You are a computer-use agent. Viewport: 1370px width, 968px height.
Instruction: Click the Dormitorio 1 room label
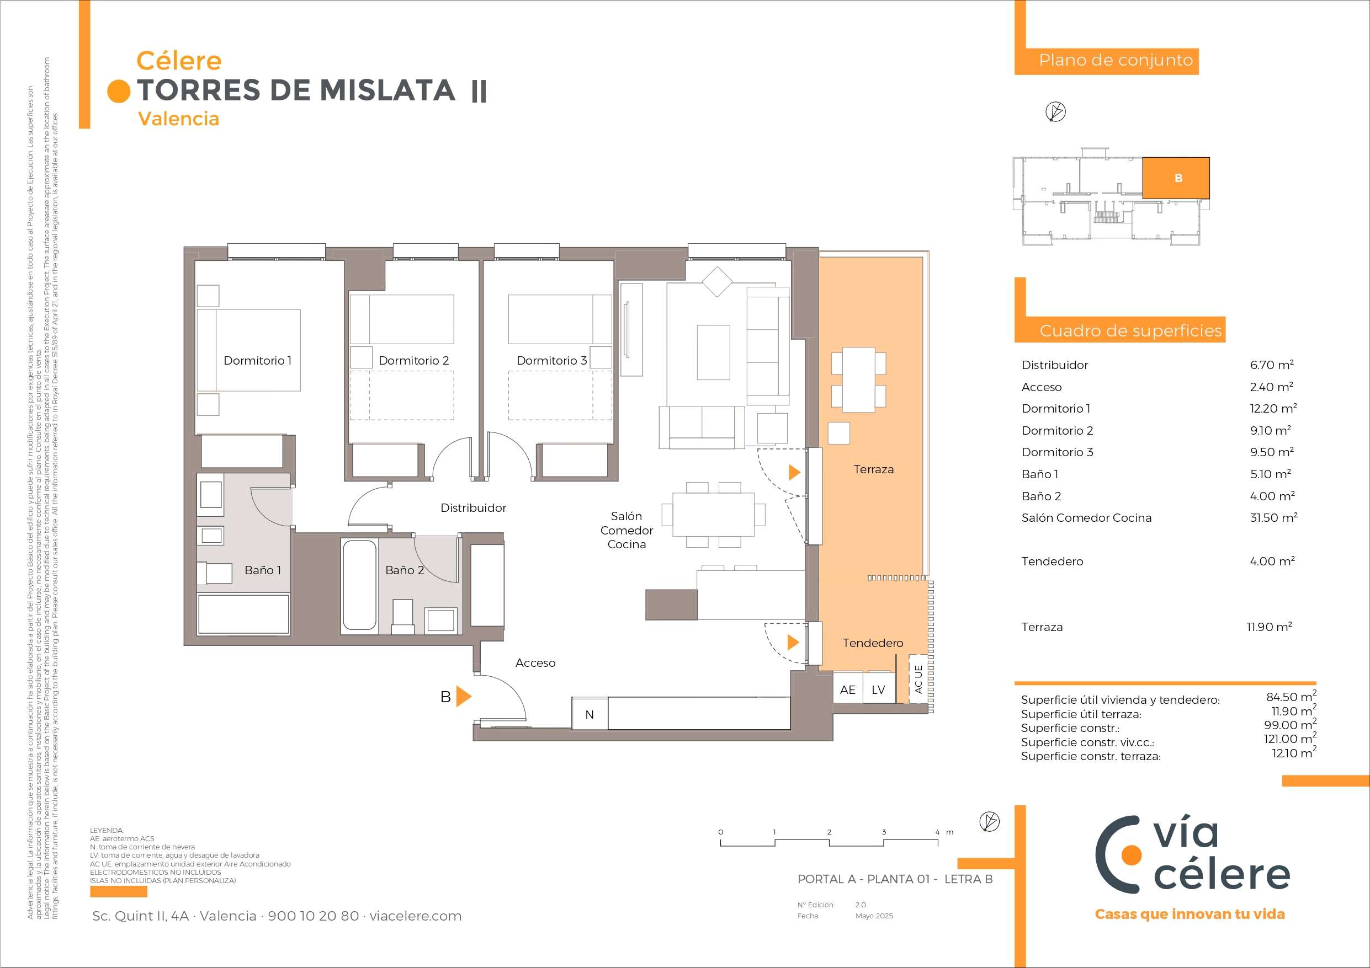(x=257, y=360)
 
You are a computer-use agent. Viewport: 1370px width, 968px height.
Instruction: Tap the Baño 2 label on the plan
(x=405, y=570)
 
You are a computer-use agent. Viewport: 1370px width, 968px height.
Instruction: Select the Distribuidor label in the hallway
(x=473, y=508)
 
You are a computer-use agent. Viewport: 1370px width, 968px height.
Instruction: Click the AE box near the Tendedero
(x=847, y=689)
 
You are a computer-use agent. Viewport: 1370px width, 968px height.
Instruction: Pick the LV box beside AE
(x=878, y=689)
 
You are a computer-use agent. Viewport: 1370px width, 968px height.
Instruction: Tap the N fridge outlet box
(x=590, y=714)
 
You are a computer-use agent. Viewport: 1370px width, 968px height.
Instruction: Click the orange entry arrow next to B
(x=464, y=696)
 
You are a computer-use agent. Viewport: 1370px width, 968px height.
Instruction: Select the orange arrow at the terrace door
(x=794, y=472)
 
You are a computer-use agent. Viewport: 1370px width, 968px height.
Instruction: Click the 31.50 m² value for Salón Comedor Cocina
(x=1273, y=518)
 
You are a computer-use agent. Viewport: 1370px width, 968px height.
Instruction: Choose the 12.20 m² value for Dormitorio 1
(x=1273, y=409)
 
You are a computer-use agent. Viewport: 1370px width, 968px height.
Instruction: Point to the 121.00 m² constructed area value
(x=1290, y=739)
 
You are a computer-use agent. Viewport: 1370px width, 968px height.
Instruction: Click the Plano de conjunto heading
(x=1116, y=60)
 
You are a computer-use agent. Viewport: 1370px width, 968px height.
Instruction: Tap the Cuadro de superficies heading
(x=1131, y=330)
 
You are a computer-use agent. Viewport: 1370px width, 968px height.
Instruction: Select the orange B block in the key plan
(x=1176, y=178)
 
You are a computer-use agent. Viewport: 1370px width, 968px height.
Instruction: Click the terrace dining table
(x=859, y=379)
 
